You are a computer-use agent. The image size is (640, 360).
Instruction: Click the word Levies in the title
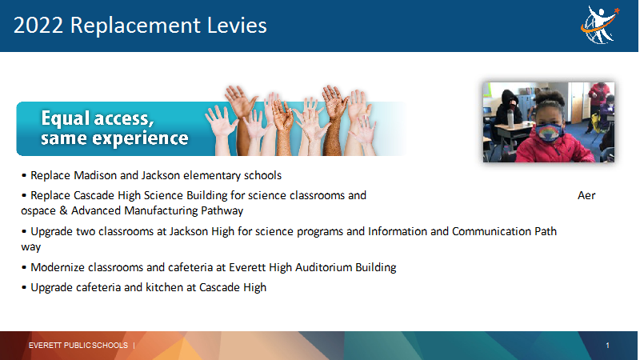pos(237,26)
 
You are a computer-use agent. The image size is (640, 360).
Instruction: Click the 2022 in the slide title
pos(38,26)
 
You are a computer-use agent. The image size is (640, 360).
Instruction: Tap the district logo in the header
pos(599,25)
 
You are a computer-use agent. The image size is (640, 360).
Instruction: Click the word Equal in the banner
pos(66,118)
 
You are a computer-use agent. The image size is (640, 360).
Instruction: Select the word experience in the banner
pos(141,138)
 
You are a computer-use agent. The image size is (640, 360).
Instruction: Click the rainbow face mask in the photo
pos(549,133)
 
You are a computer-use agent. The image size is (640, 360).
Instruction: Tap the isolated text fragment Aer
pos(586,195)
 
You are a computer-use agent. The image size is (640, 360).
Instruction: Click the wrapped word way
pos(31,248)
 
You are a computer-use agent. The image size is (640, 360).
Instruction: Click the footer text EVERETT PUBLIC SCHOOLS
pos(78,346)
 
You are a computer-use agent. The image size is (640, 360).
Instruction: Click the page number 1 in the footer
pos(607,346)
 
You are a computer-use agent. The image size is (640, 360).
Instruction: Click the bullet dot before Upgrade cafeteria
pos(24,288)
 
